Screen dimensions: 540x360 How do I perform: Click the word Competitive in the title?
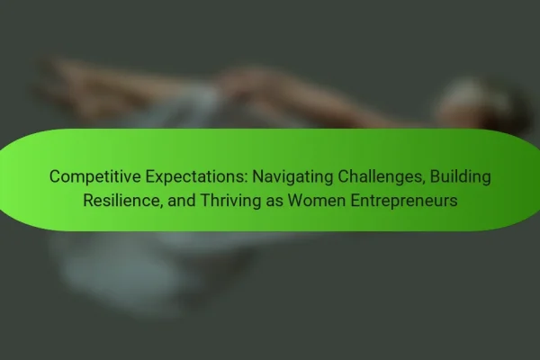point(95,176)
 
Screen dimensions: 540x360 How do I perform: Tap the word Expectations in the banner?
point(196,176)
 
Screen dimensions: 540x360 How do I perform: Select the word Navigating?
point(292,177)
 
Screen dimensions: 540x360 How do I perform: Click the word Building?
point(461,177)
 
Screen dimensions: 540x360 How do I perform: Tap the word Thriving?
point(230,201)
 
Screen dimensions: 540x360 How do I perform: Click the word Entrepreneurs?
point(404,201)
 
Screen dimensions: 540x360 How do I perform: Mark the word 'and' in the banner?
point(182,200)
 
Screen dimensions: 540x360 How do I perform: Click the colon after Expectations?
point(247,179)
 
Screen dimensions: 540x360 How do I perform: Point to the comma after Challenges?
point(424,183)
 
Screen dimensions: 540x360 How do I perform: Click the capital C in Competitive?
point(55,176)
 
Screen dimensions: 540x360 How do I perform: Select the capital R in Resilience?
point(89,200)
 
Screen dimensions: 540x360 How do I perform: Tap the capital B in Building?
point(436,176)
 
